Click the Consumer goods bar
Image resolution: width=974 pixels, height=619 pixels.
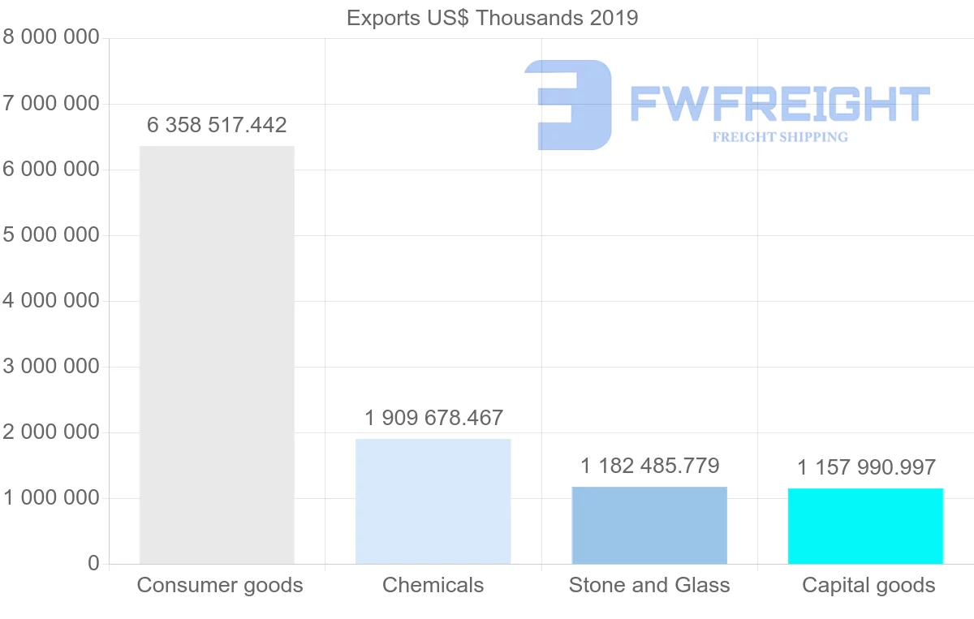coord(217,355)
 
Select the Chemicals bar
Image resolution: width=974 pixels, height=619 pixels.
coord(433,501)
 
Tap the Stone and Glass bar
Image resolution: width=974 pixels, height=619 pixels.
coord(649,525)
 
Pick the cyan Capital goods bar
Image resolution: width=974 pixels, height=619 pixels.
coord(865,526)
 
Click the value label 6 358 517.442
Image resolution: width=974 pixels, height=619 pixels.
coord(217,126)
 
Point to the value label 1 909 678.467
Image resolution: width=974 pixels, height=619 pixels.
coord(433,419)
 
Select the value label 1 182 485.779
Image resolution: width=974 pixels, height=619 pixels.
coord(649,466)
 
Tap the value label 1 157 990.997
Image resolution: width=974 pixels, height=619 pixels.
coord(866,468)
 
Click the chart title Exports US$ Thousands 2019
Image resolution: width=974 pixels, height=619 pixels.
coord(492,18)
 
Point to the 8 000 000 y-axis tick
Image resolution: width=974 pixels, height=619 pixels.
coord(51,38)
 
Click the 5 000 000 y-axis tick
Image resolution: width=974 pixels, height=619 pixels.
coord(51,235)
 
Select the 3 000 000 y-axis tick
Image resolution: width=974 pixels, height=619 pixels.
coord(51,367)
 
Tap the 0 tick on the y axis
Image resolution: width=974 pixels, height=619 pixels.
coord(93,564)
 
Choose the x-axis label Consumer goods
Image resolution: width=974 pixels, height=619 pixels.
coord(219,586)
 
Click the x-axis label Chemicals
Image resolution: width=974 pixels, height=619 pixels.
coord(433,586)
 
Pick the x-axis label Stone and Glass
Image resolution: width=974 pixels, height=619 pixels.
coord(649,586)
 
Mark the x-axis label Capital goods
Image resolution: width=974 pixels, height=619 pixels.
coord(868,586)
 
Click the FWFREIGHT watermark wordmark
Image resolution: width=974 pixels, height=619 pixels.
coord(779,104)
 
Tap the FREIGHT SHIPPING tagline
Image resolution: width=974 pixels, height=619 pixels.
coord(780,137)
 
